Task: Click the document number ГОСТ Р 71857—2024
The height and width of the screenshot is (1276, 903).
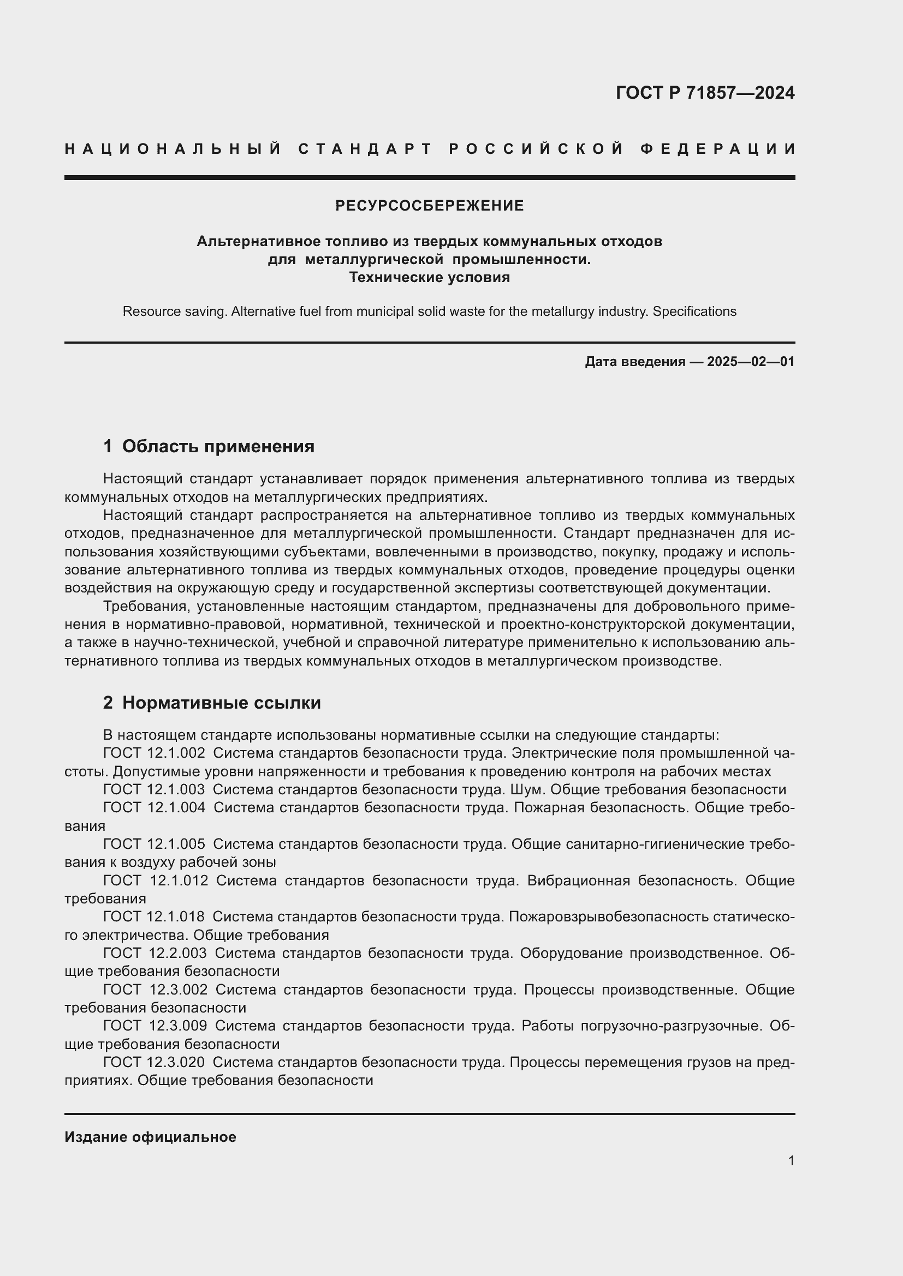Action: [704, 93]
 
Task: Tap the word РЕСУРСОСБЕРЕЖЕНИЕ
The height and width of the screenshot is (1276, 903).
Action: [429, 206]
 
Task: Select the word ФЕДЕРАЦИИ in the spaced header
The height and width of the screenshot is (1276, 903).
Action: [717, 149]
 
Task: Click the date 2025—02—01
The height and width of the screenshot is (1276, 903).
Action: [751, 362]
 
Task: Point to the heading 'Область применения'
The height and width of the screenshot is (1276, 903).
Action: [218, 446]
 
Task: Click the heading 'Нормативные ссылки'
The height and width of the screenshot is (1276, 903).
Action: [221, 703]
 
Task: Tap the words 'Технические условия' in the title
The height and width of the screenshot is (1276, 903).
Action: [429, 277]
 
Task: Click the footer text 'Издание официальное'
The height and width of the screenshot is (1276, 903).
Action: [150, 1137]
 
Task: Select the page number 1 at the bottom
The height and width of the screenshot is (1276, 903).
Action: [791, 1161]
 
